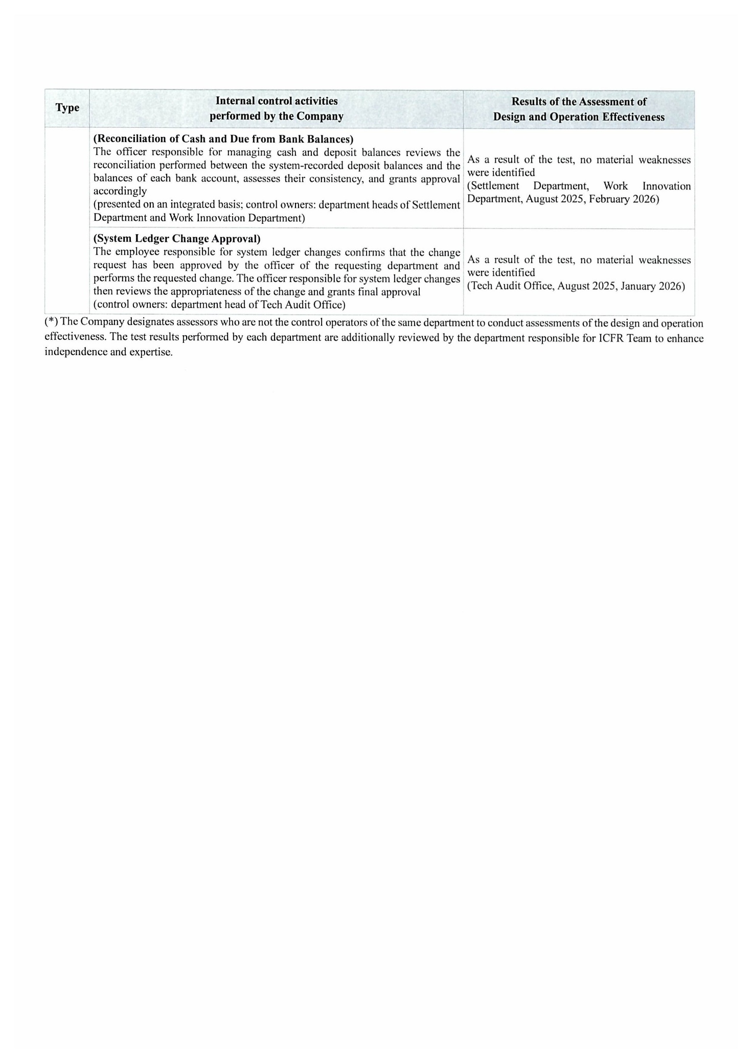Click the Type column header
pyautogui.click(x=67, y=108)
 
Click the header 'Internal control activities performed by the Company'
pyautogui.click(x=276, y=108)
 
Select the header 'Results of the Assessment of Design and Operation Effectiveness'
pyautogui.click(x=579, y=109)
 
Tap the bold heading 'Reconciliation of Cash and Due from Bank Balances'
pyautogui.click(x=223, y=139)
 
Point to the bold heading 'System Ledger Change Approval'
pyautogui.click(x=177, y=239)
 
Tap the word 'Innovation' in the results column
pyautogui.click(x=666, y=186)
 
